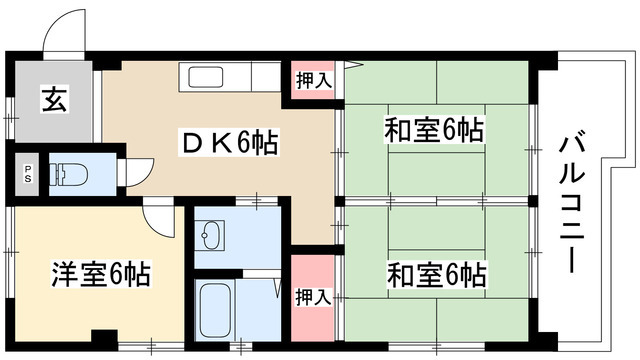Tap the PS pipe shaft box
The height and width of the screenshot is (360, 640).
pos(28,171)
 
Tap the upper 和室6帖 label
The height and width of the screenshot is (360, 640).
pos(435,129)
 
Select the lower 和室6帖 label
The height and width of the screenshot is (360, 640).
pos(435,273)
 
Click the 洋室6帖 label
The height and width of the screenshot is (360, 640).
pos(100,273)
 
